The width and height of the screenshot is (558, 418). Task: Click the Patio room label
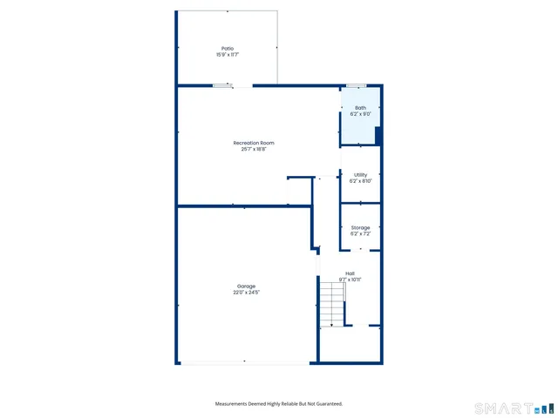pos(227,49)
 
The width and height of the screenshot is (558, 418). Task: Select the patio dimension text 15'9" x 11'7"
pos(227,55)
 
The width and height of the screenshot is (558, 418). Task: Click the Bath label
pos(360,108)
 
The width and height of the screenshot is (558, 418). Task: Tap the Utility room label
pos(360,175)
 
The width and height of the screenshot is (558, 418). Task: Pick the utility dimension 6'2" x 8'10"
pos(360,181)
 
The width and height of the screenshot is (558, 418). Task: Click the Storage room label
pos(360,227)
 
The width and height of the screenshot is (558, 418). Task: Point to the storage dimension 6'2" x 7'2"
pos(360,233)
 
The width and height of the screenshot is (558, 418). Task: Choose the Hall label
pos(350,273)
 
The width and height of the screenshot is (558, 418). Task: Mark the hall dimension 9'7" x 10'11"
pos(350,280)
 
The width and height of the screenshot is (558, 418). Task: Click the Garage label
pos(246,287)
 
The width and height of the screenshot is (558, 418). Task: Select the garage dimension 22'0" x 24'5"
pos(246,293)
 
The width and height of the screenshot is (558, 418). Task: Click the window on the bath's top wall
pos(356,85)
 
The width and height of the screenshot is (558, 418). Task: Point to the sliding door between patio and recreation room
pos(223,85)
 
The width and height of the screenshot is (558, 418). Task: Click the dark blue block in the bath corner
pos(378,136)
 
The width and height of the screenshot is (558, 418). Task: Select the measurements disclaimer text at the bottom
pos(279,403)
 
